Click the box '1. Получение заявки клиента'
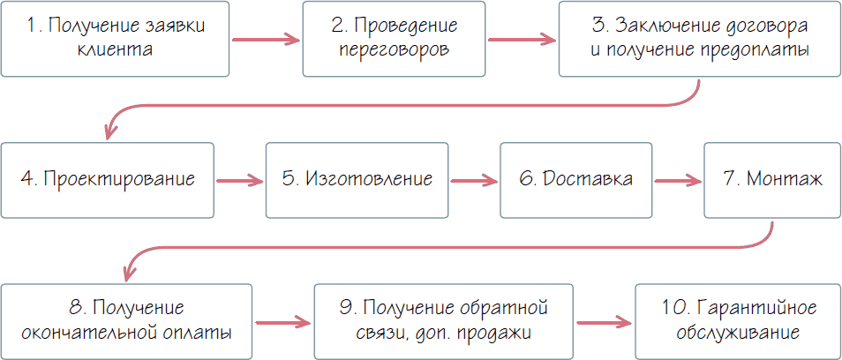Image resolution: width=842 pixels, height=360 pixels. click(117, 39)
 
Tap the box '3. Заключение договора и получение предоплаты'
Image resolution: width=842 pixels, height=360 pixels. click(698, 39)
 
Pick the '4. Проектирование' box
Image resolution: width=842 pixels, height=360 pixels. click(107, 180)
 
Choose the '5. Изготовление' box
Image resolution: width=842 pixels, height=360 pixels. click(357, 180)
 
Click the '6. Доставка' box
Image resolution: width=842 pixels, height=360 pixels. click(576, 180)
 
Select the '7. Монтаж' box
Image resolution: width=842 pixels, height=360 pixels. click(771, 180)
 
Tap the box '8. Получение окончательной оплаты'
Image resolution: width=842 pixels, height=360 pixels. click(126, 321)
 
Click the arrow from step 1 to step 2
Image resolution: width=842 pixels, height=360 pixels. click(267, 40)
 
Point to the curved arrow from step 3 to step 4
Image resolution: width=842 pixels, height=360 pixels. click(397, 105)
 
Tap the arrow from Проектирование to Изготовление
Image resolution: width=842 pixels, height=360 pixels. click(240, 181)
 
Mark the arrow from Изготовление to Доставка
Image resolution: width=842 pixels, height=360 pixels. click(475, 181)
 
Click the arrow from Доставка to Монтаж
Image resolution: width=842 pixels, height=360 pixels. click(678, 181)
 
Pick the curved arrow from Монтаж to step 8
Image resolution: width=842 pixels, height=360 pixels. click(441, 248)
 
